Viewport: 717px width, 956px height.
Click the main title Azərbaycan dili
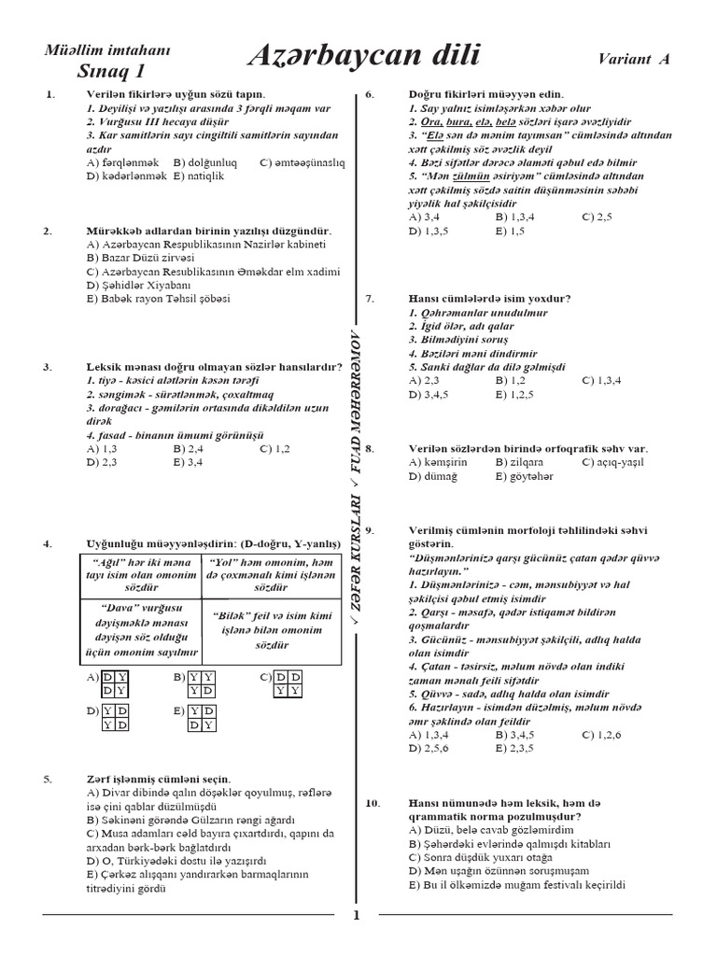coord(364,57)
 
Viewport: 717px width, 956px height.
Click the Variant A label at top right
coord(634,59)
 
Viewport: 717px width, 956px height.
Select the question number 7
coord(371,299)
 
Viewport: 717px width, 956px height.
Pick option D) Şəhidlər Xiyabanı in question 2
coord(136,285)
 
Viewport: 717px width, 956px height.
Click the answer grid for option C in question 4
coord(286,683)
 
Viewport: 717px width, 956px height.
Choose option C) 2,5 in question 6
coord(597,216)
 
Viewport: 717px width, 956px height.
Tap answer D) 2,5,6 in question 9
coord(429,748)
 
